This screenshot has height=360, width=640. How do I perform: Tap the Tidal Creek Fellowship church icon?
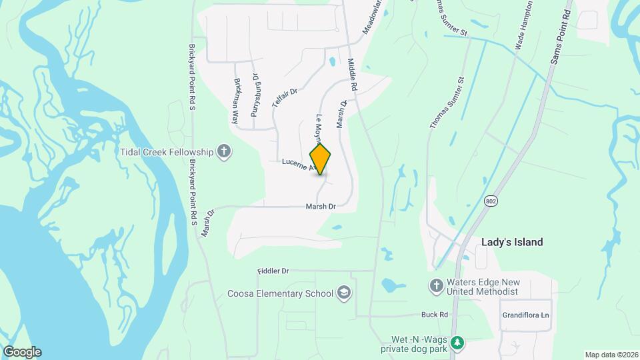[x=225, y=151]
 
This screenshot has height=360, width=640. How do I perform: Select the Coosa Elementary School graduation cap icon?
[x=344, y=293]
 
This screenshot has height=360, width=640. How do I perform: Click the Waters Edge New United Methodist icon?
[x=437, y=285]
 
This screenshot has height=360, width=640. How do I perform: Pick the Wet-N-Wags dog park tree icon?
[x=457, y=343]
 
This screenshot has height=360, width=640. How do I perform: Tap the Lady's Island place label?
[x=512, y=242]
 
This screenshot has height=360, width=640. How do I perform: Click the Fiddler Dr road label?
[x=273, y=271]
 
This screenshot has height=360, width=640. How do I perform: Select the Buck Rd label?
[x=433, y=314]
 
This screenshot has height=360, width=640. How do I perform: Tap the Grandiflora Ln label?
[x=527, y=314]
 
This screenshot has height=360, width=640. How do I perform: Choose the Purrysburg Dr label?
[x=254, y=95]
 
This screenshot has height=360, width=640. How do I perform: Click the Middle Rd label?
[x=353, y=74]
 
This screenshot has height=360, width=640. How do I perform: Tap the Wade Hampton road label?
[x=524, y=25]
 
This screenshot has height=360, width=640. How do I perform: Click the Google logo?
[x=22, y=352]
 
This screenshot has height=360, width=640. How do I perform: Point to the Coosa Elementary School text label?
[x=280, y=293]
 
